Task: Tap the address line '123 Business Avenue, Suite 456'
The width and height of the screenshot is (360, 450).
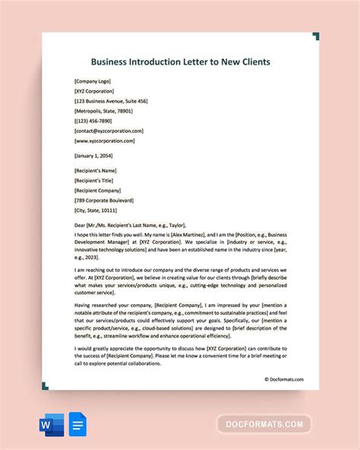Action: tap(111, 101)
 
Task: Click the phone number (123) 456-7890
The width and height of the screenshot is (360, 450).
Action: tap(93, 121)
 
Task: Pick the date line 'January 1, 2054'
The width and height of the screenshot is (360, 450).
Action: tap(95, 155)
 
